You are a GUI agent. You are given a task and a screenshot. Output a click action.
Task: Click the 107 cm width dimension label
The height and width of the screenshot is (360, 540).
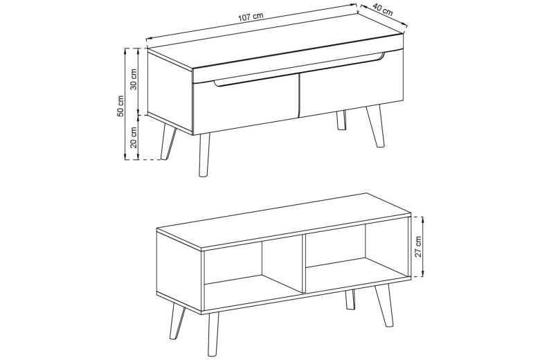(251, 17)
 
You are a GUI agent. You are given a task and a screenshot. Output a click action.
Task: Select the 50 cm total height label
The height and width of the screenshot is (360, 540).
(120, 106)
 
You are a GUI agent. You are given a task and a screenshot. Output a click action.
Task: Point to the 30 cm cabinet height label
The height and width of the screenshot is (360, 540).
(134, 79)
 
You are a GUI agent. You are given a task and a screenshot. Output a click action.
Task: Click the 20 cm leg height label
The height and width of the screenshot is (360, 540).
(134, 137)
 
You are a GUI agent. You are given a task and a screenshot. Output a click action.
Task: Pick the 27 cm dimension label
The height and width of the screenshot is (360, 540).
(418, 246)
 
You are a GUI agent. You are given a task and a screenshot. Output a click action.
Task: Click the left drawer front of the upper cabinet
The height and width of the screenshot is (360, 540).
(245, 103)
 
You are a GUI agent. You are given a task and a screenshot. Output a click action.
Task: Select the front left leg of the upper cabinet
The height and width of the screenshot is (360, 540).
(204, 155)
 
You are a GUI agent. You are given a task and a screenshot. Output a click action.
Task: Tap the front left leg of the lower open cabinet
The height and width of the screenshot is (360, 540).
(213, 334)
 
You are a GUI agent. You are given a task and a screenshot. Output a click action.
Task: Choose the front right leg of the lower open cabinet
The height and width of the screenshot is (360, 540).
(384, 305)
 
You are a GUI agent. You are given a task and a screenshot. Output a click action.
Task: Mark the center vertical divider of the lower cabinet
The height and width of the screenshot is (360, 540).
(304, 264)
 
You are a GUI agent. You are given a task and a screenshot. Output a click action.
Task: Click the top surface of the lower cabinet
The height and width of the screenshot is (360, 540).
(283, 220)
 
